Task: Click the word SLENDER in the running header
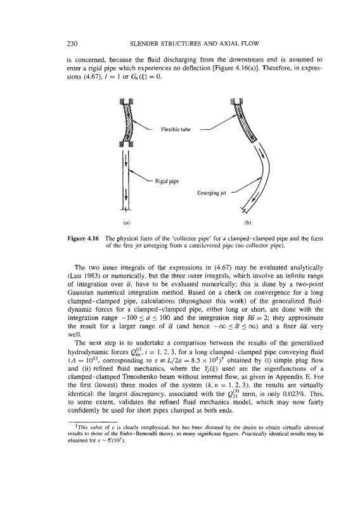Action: click(142, 43)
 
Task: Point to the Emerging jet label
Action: click(212, 193)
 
